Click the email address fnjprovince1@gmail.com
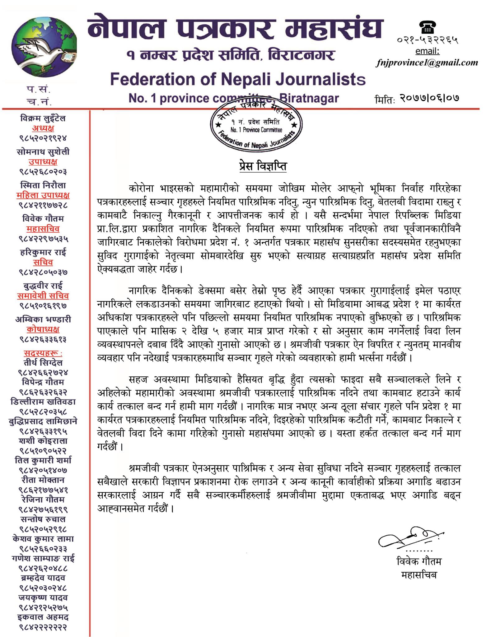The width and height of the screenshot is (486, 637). pyautogui.click(x=427, y=63)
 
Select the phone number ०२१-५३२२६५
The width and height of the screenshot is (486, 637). pyautogui.click(x=428, y=40)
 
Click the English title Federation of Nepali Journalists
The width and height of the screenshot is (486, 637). pyautogui.click(x=238, y=80)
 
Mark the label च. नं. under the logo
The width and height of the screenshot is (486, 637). pyautogui.click(x=39, y=102)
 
